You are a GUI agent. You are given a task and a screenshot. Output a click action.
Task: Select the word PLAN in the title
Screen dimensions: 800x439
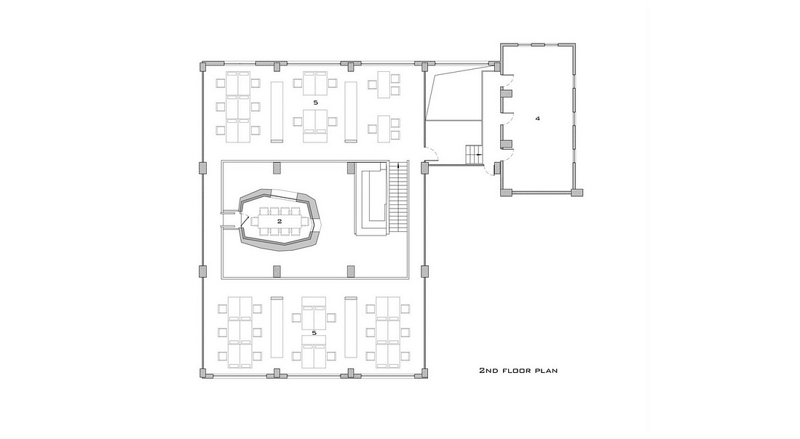tap(546, 370)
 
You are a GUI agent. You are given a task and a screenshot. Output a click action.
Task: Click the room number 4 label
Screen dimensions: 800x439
tap(537, 118)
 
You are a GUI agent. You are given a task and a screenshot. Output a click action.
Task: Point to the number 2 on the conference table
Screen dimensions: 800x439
tap(280, 221)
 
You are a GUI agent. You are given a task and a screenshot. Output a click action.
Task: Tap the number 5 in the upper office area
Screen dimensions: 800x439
tap(315, 102)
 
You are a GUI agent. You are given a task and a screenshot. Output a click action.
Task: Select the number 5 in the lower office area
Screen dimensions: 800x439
tap(314, 333)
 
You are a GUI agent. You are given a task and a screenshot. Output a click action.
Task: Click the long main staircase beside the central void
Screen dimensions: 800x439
tap(398, 198)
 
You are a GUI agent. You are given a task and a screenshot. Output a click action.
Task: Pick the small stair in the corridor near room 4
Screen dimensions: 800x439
tap(473, 154)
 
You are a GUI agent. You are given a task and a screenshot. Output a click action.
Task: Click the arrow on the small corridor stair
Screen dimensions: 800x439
tap(478, 154)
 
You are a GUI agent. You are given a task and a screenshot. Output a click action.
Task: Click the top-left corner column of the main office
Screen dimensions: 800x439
tap(203, 67)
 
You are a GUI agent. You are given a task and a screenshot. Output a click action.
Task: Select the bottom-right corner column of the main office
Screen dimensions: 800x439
tap(423, 373)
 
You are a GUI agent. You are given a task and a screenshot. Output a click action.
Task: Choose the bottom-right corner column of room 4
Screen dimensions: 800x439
tap(577, 193)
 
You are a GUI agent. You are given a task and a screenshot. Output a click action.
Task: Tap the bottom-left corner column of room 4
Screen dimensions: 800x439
tap(506, 193)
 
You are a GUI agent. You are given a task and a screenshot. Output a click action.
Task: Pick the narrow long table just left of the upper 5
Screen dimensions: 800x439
tap(277, 111)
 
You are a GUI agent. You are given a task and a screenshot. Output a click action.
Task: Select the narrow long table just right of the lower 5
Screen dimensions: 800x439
tap(350, 327)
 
